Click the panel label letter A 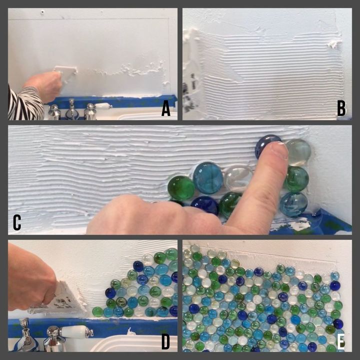pyautogui.click(x=166, y=109)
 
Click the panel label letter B pyautogui.click(x=341, y=108)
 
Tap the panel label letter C pyautogui.click(x=17, y=222)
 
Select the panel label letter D pyautogui.click(x=165, y=342)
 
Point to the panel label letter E pyautogui.click(x=340, y=342)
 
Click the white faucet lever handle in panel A pyautogui.click(x=102, y=106)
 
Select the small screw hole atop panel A pyautogui.click(x=42, y=11)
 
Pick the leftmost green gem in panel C pyautogui.click(x=181, y=187)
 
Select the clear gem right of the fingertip pyautogui.click(x=298, y=152)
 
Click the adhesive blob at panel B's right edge pyautogui.click(x=334, y=43)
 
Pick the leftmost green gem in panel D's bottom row pyautogui.click(x=97, y=312)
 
